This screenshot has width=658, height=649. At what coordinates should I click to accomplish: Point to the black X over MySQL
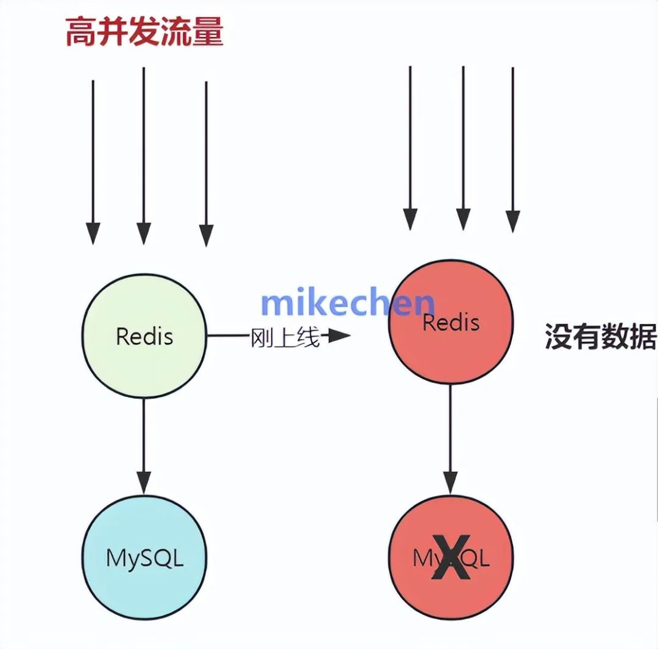point(451,558)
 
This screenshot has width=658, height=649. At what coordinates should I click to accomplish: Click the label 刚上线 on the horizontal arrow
point(285,337)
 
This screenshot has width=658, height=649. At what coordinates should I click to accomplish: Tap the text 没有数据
point(600,337)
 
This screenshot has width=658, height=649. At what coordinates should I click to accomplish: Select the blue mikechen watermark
point(347,303)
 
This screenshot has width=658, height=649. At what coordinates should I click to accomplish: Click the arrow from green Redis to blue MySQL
point(144,444)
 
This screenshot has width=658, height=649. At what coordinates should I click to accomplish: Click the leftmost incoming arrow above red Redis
point(410,146)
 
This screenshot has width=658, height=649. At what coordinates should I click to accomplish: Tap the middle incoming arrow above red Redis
point(464,146)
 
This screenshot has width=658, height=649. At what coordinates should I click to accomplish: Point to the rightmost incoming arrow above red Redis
point(513,149)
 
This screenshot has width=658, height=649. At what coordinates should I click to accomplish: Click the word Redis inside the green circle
point(144,336)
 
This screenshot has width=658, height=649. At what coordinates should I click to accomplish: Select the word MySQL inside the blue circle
point(144,558)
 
